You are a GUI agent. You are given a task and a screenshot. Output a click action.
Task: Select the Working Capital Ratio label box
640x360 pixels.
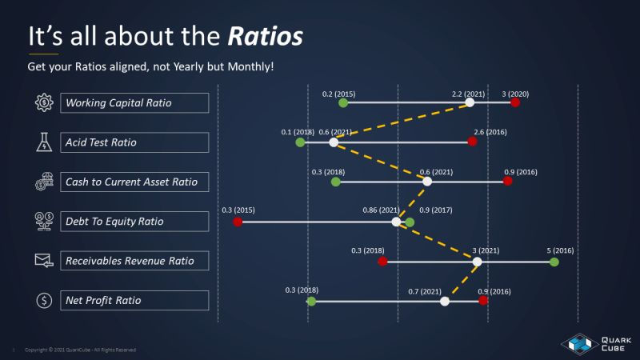(x=134, y=103)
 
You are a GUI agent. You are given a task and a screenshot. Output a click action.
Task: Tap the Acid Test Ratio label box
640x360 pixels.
(x=134, y=142)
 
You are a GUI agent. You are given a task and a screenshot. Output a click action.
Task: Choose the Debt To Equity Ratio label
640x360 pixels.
(x=134, y=221)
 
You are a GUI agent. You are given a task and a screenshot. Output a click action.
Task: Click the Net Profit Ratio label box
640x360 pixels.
(x=134, y=301)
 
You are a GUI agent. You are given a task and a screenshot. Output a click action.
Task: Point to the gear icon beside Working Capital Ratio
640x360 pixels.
(x=43, y=102)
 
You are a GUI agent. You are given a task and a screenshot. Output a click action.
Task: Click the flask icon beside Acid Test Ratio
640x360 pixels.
(x=43, y=142)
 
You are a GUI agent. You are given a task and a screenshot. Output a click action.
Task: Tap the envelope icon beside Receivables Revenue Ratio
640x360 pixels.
(x=43, y=260)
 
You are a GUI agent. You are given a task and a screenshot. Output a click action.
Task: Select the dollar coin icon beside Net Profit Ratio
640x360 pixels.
(x=43, y=301)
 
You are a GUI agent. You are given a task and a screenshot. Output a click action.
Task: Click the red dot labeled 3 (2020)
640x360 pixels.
(x=515, y=102)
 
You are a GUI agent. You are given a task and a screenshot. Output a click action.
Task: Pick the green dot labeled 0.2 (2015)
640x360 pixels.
(x=343, y=102)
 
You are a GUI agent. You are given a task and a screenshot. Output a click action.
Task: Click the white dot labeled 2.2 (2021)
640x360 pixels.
(x=470, y=102)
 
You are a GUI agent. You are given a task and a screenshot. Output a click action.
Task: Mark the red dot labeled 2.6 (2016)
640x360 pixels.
(x=472, y=142)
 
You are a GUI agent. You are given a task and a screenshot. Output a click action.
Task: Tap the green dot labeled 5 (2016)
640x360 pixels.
(x=554, y=261)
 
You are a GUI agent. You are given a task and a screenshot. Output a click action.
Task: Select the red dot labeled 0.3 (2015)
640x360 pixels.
(x=238, y=222)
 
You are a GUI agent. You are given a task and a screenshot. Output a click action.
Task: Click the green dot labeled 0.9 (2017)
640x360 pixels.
(x=410, y=222)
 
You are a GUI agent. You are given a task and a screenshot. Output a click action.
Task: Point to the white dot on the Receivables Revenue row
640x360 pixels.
(x=477, y=261)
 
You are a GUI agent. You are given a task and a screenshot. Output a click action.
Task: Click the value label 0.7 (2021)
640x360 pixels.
(x=425, y=290)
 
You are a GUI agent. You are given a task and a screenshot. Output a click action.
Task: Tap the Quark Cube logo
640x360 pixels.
(x=590, y=342)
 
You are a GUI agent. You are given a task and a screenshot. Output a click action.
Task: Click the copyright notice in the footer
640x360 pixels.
(x=80, y=350)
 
